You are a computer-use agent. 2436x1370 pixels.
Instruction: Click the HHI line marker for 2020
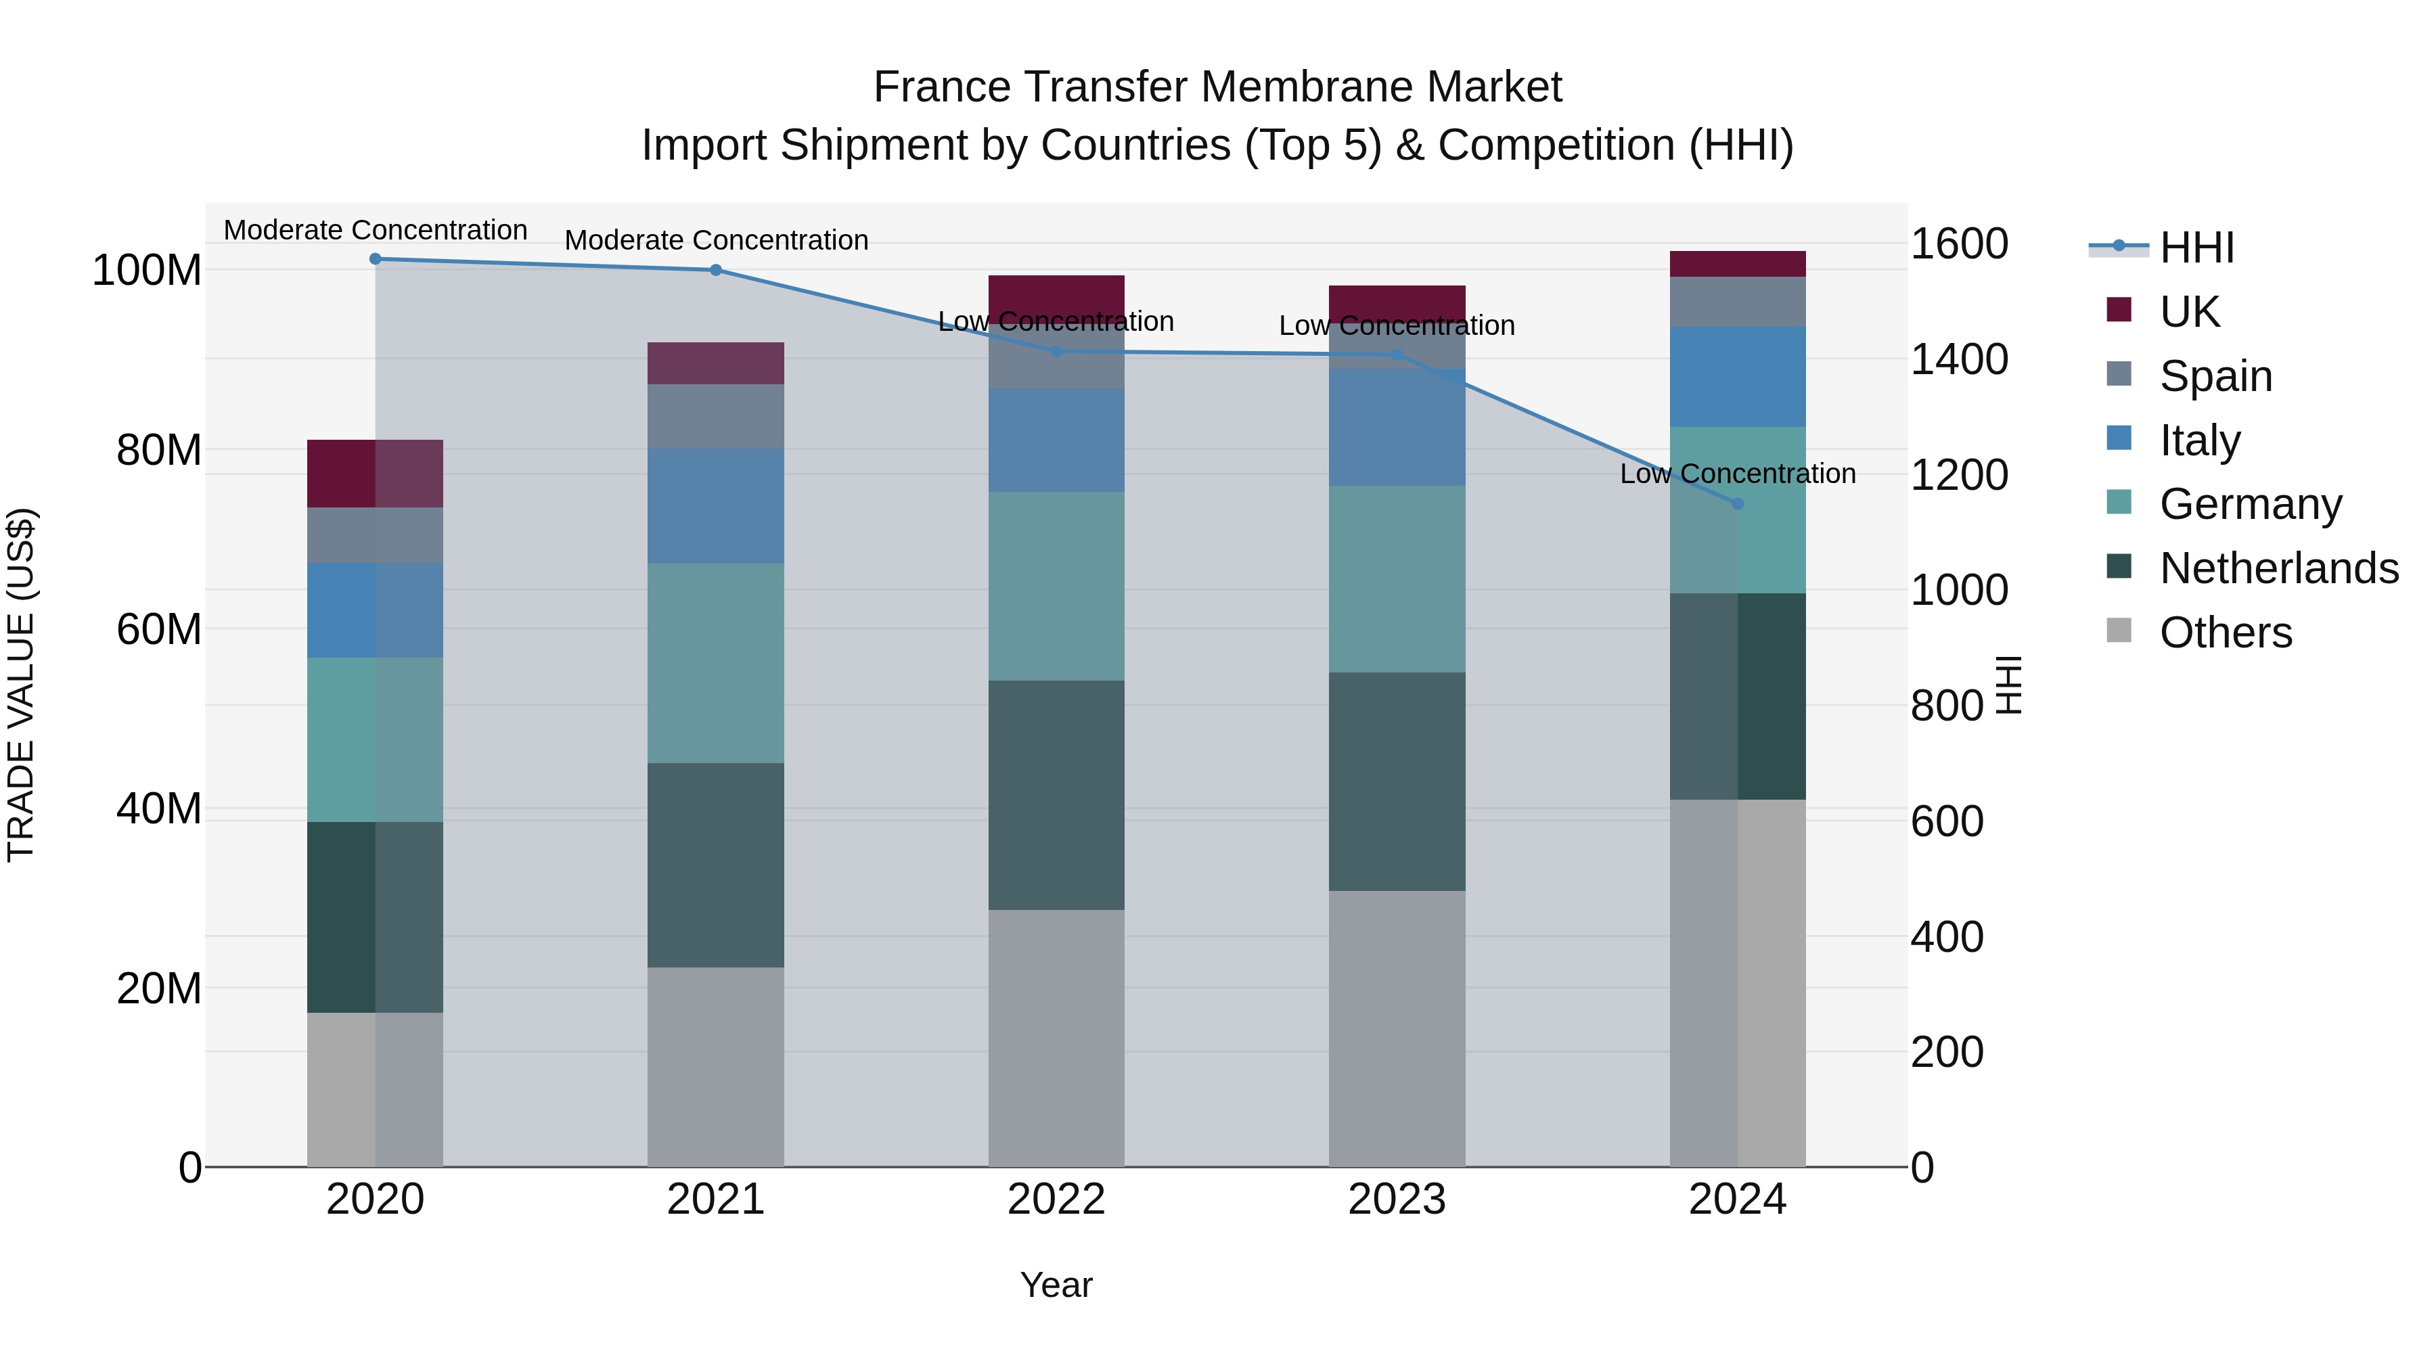click(x=376, y=258)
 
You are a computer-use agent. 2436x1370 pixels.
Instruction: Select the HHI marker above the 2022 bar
click(x=1056, y=352)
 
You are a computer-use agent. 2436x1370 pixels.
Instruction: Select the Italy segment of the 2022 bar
click(x=1056, y=440)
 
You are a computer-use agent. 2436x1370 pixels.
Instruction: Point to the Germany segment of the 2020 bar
click(x=376, y=739)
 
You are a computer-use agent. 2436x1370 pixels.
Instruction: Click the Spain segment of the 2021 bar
click(x=716, y=416)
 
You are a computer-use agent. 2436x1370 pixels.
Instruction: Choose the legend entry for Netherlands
click(x=2278, y=568)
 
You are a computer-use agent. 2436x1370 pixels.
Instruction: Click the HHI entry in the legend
click(x=2196, y=248)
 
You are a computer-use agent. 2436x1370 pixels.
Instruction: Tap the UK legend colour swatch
click(x=2119, y=310)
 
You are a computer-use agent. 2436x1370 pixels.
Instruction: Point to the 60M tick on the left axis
click(x=158, y=629)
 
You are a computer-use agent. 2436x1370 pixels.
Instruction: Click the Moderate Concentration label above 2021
click(x=716, y=240)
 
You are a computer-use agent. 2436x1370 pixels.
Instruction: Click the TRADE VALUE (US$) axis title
click(x=22, y=685)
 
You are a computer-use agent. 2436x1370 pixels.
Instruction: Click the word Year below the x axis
click(x=1056, y=1285)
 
